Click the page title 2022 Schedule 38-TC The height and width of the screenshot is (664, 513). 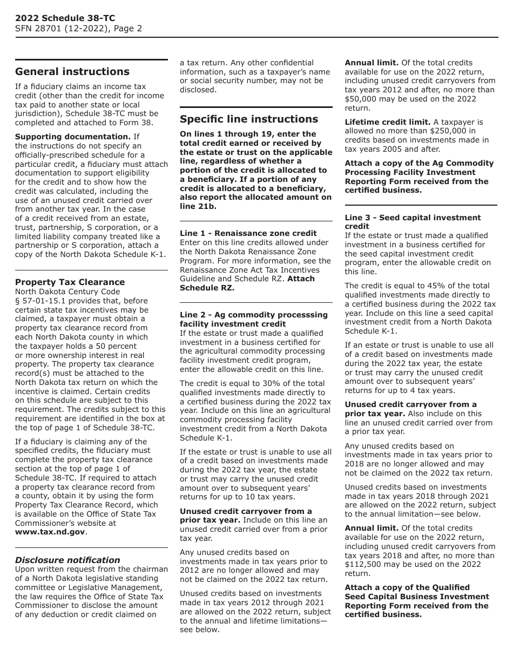click(65, 18)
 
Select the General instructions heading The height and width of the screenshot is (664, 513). click(72, 72)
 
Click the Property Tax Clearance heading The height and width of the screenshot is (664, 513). click(70, 282)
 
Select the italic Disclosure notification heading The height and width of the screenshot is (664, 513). click(67, 560)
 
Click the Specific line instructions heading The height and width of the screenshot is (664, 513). click(249, 119)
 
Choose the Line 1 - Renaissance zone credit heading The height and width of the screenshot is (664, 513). click(248, 233)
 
